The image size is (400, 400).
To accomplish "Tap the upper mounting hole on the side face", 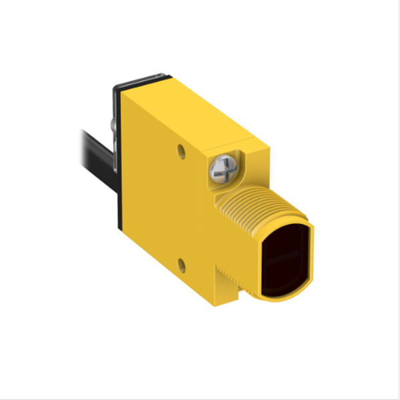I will coord(181,151).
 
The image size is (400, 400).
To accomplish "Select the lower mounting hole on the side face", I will coord(181,265).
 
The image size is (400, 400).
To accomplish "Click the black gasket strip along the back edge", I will coord(119,200).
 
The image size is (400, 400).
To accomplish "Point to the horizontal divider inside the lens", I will coord(284,257).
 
